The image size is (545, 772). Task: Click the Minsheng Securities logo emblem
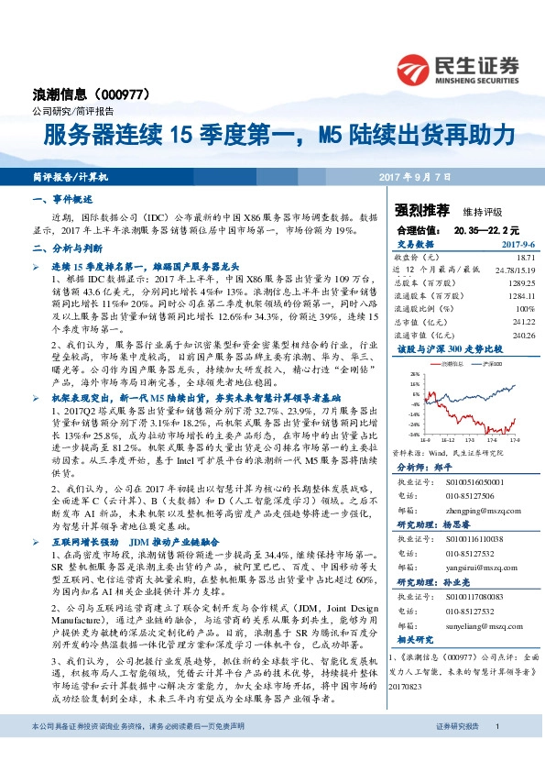pyautogui.click(x=414, y=68)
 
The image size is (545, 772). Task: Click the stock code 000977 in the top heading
pyautogui.click(x=134, y=94)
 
